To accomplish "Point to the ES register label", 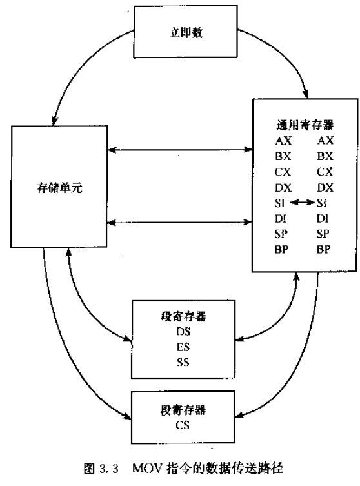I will point(183,347).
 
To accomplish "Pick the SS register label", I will point(183,361).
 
